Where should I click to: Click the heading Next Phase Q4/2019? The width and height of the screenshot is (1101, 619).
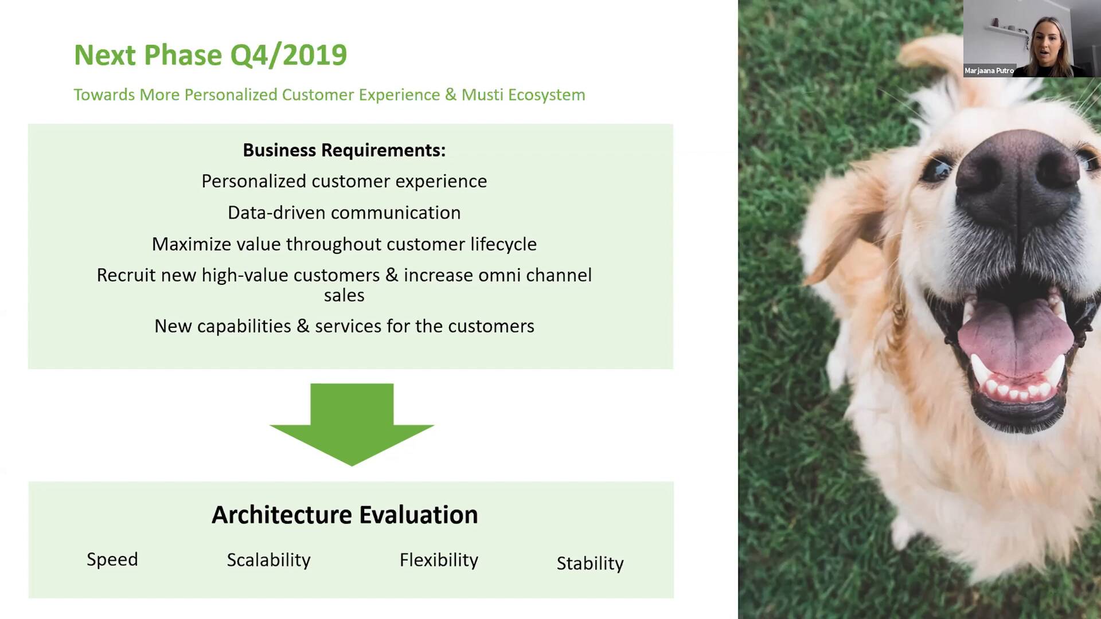point(210,56)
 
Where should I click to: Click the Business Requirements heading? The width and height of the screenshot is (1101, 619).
point(344,150)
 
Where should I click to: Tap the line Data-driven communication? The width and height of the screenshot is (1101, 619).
point(344,213)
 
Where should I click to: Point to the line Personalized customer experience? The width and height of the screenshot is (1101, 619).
point(344,181)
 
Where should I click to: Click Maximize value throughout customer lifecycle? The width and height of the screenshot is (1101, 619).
point(344,244)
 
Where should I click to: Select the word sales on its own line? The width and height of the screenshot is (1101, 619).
point(344,295)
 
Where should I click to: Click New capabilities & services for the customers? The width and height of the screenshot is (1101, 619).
point(344,326)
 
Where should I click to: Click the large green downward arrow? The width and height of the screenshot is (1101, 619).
point(352,424)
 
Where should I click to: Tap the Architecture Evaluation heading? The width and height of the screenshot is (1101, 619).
point(345,515)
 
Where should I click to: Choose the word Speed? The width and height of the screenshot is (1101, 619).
point(112,560)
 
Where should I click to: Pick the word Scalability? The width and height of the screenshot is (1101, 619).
point(268,560)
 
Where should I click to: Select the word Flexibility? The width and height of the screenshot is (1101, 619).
point(439,560)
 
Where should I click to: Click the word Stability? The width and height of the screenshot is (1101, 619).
point(590,563)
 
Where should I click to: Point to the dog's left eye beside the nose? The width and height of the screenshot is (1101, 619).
point(936,169)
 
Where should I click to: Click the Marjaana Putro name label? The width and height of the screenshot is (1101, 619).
point(989,70)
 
